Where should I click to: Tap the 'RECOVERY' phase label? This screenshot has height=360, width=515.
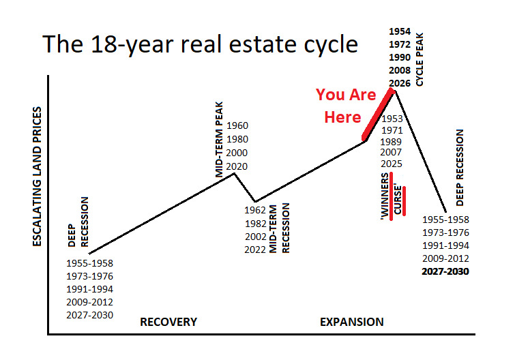coord(168,322)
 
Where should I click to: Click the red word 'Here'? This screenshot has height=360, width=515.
coord(342,117)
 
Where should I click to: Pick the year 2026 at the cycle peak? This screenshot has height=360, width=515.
coord(400,84)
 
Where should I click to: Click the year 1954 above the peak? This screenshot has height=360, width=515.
coord(400,32)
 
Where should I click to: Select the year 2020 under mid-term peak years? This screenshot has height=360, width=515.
coord(237,166)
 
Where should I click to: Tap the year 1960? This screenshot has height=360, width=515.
coord(237,125)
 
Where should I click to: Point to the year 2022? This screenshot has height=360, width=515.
coord(256,250)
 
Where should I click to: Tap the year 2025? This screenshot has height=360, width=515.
coord(392,164)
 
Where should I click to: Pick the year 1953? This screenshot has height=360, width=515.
coord(392,118)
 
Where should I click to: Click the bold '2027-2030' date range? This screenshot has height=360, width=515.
coord(446,271)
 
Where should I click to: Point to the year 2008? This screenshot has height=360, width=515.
coord(400,71)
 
